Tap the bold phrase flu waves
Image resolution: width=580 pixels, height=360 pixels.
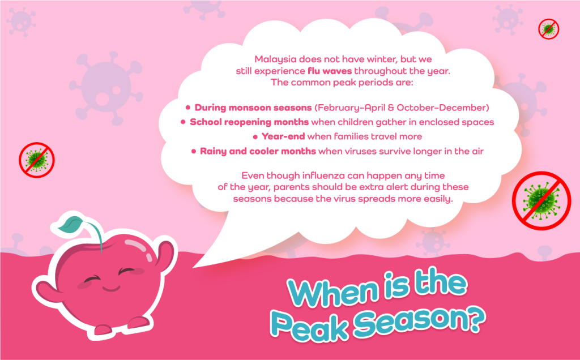coord(330,71)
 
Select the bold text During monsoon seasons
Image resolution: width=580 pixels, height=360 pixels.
coord(253,108)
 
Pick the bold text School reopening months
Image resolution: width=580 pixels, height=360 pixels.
coord(249,122)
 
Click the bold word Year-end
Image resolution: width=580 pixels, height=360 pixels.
coord(283,136)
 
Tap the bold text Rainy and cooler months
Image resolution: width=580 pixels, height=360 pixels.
coord(258,151)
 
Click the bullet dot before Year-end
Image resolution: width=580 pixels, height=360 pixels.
coord(255,137)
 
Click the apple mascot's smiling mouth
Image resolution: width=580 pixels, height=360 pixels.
coord(112,287)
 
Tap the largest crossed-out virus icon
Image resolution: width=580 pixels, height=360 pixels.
coord(541,201)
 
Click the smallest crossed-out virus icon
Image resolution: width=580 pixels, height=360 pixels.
coord(548,29)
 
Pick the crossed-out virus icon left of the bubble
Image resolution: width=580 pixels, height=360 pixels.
coord(37,160)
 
